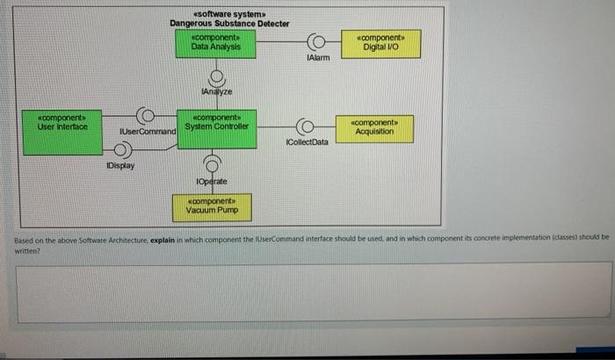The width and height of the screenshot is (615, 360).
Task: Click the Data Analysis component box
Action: click(215, 44)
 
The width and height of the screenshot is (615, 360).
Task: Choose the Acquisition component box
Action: click(374, 126)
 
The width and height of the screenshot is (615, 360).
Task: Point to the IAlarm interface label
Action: click(318, 58)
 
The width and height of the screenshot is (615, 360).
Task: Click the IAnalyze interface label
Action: click(215, 91)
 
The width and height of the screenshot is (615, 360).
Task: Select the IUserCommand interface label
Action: click(148, 131)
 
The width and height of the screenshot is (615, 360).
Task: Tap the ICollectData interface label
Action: click(307, 141)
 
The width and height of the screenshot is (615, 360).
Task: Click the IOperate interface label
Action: click(212, 181)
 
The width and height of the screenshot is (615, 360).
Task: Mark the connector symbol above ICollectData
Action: click(306, 126)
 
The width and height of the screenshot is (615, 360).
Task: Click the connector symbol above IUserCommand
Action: click(146, 114)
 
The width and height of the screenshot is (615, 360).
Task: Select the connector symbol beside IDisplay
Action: click(120, 146)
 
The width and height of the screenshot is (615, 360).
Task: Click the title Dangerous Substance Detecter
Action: click(229, 24)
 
